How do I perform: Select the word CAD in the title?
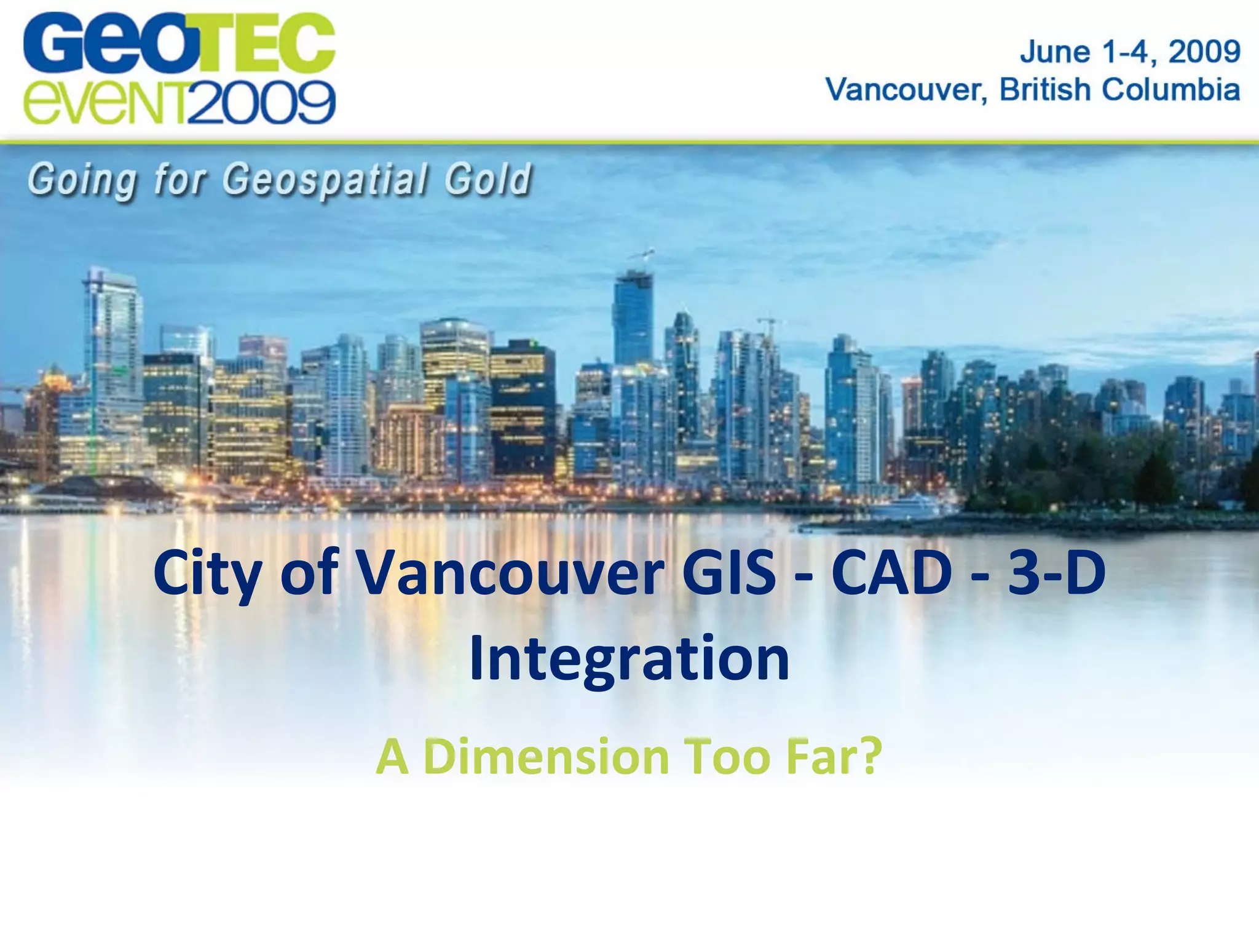pyautogui.click(x=891, y=573)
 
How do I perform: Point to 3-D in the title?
pyautogui.click(x=1056, y=573)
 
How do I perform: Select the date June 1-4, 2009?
pyautogui.click(x=1130, y=52)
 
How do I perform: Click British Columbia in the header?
pyautogui.click(x=1119, y=90)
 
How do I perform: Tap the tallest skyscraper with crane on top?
pyautogui.click(x=633, y=320)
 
